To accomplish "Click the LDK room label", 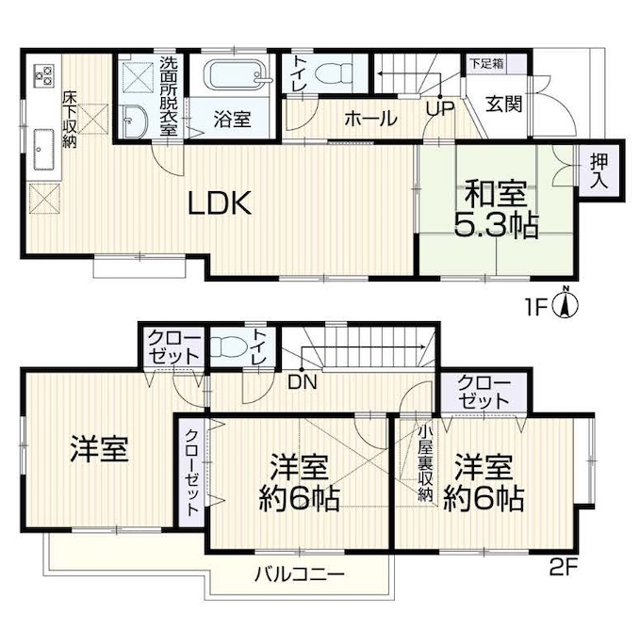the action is pos(220,202).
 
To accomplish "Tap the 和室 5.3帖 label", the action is pos(496,209).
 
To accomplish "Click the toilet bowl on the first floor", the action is pos(334,73).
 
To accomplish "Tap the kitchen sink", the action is pos(43,150).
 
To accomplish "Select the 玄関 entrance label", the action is pos(504,105).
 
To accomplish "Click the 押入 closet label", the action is pos(599,171).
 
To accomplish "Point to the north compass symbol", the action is pos(566,303).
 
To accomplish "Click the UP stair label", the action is pos(440,108).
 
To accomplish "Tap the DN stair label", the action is pos(303,382).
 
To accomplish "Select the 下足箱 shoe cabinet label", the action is pos(486,64).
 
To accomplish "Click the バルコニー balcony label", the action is pos(300,574).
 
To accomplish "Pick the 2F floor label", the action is pos(564,568).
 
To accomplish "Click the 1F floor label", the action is pos(535,309).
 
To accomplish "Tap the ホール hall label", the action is pos(370,119).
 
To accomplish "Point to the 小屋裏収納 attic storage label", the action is pos(425,463).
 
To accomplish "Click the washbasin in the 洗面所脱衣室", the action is pos(133,121).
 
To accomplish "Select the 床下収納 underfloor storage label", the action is pos(70,120).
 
